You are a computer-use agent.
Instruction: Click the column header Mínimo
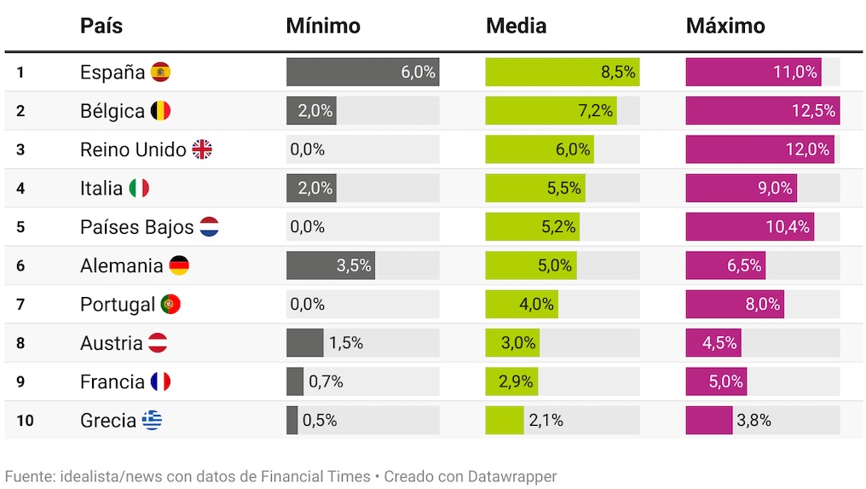pos(323,26)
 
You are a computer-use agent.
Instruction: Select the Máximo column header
pos(725,26)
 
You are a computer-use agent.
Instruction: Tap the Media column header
pos(516,26)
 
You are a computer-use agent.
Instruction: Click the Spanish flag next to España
pos(160,73)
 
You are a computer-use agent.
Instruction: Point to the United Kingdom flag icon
pos(202,150)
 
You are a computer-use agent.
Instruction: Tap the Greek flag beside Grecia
pos(152,421)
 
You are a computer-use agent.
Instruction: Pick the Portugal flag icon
pos(170,305)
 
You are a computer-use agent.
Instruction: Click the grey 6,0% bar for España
pos(362,73)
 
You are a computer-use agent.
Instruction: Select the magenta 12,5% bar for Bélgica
pos(762,111)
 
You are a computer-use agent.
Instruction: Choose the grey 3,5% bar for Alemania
pos(330,265)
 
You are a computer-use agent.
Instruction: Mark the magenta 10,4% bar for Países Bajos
pos(749,227)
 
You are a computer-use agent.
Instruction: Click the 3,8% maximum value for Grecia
pos(753,421)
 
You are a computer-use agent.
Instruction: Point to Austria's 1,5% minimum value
pos(346,343)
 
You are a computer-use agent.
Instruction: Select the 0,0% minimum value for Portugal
pos(307,305)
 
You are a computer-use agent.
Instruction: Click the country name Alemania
pos(121,265)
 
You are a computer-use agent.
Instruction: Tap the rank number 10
pos(25,421)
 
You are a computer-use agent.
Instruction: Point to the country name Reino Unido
pos(132,150)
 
